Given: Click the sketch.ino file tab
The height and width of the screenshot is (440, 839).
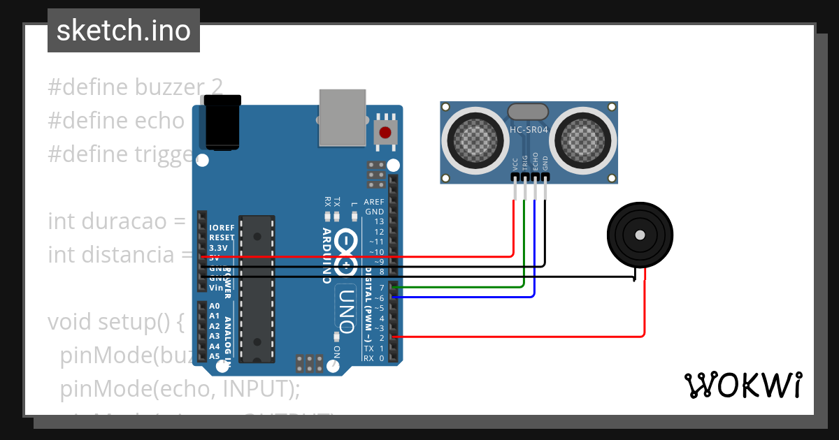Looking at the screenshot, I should (x=124, y=31).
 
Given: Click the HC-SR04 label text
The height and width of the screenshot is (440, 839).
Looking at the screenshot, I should (x=529, y=130).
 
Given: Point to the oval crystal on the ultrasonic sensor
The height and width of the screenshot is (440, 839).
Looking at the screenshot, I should (x=528, y=111).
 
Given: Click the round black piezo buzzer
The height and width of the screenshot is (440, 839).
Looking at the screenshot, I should (x=640, y=235).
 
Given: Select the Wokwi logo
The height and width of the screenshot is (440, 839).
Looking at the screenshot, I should (x=743, y=385).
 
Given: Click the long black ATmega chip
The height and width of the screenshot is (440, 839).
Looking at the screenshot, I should (x=257, y=288).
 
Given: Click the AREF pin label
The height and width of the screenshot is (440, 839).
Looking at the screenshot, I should (x=374, y=201).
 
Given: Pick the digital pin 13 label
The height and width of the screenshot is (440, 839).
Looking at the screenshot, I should (x=379, y=221).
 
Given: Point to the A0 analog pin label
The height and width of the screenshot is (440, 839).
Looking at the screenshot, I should (x=215, y=306).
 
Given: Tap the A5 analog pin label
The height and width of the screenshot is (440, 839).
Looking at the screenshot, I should (x=215, y=356).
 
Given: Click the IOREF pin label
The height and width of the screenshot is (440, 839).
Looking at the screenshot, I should (x=221, y=228).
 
